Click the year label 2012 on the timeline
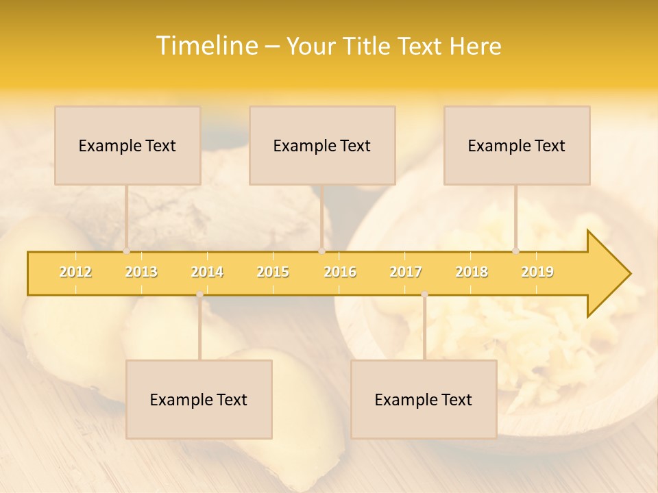point(75,272)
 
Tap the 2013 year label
point(141,272)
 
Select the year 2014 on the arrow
point(207,272)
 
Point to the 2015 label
point(273,272)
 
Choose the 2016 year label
point(340,272)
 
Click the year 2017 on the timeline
point(406,272)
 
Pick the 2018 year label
point(472,272)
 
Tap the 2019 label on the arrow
point(537,272)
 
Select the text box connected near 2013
point(127,145)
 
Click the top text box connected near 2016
point(322,145)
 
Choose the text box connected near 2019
point(517,145)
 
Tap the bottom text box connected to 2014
point(199,399)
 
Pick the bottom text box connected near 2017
point(424,399)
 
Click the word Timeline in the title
point(206,46)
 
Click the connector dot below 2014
point(199,294)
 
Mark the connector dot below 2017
point(424,294)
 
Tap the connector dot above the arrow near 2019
point(515,251)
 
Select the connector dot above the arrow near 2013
point(126,251)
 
